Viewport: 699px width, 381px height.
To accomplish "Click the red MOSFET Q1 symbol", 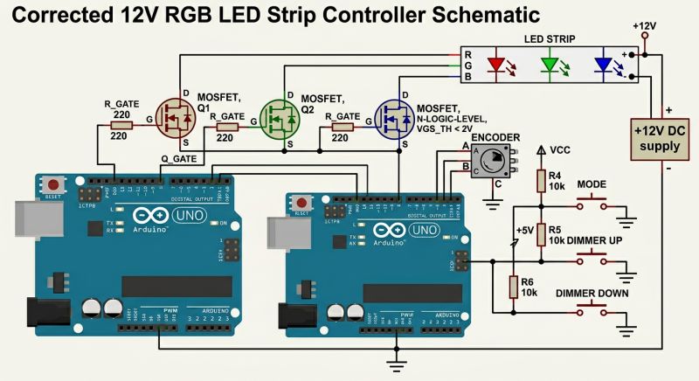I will (177, 120).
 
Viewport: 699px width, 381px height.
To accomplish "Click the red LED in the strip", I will (497, 65).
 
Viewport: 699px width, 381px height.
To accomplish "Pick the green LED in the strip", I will (550, 65).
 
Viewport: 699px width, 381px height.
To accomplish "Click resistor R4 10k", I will (542, 181).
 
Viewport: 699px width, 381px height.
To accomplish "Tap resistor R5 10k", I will (542, 233).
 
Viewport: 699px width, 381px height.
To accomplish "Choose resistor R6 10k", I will (514, 287).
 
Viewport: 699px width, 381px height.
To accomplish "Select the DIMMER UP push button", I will (592, 259).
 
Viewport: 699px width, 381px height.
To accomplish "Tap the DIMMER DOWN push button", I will (592, 312).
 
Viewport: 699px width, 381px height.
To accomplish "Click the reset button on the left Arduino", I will (55, 186).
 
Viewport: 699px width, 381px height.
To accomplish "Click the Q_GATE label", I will (179, 157).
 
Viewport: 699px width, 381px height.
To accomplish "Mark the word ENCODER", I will (495, 137).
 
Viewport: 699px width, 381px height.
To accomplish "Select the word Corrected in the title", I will (52, 15).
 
